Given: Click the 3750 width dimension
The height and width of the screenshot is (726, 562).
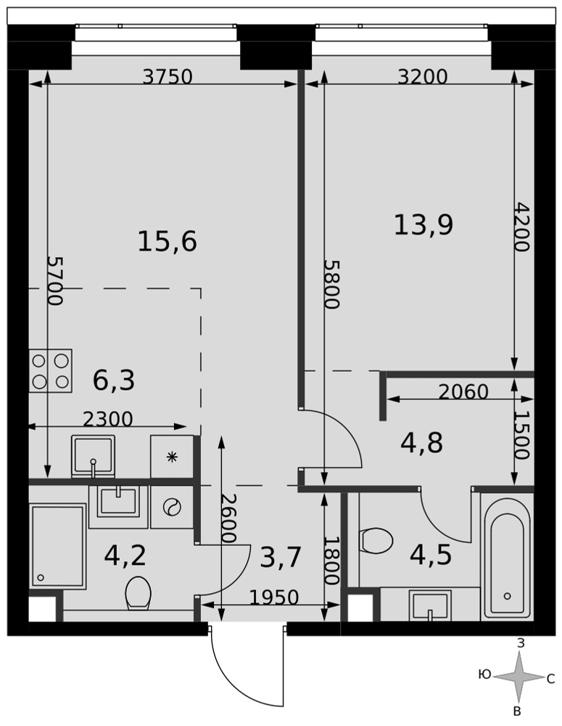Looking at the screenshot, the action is [x=167, y=77].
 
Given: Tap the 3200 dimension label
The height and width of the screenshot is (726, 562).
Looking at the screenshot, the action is [x=423, y=77].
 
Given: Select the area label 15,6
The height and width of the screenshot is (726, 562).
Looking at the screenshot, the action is [x=168, y=242].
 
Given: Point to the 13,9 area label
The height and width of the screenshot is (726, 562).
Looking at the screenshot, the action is [x=423, y=225].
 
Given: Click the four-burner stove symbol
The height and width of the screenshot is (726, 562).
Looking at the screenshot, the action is [x=51, y=371].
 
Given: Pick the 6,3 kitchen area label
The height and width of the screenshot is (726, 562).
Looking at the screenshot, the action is [x=114, y=380].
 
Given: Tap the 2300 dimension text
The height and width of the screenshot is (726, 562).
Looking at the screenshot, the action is [x=108, y=419].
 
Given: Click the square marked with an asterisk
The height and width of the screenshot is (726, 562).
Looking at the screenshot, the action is [x=172, y=457].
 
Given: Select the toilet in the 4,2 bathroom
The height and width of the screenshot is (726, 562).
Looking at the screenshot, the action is [x=139, y=592].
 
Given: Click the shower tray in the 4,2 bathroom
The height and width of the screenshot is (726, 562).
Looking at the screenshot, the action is [x=58, y=547].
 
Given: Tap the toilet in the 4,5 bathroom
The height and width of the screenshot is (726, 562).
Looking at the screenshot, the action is [x=376, y=540].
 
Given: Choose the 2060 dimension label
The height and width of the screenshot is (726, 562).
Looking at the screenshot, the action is [x=463, y=393].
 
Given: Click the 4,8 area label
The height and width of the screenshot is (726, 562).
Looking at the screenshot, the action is [x=422, y=443].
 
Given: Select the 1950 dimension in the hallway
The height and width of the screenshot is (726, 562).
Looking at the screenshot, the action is [x=274, y=597].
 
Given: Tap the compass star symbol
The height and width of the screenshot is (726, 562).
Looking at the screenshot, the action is [x=518, y=677].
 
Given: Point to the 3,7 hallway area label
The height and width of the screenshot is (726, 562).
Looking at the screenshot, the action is [x=281, y=557].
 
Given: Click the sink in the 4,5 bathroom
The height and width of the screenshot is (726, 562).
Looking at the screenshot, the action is [x=430, y=605].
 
